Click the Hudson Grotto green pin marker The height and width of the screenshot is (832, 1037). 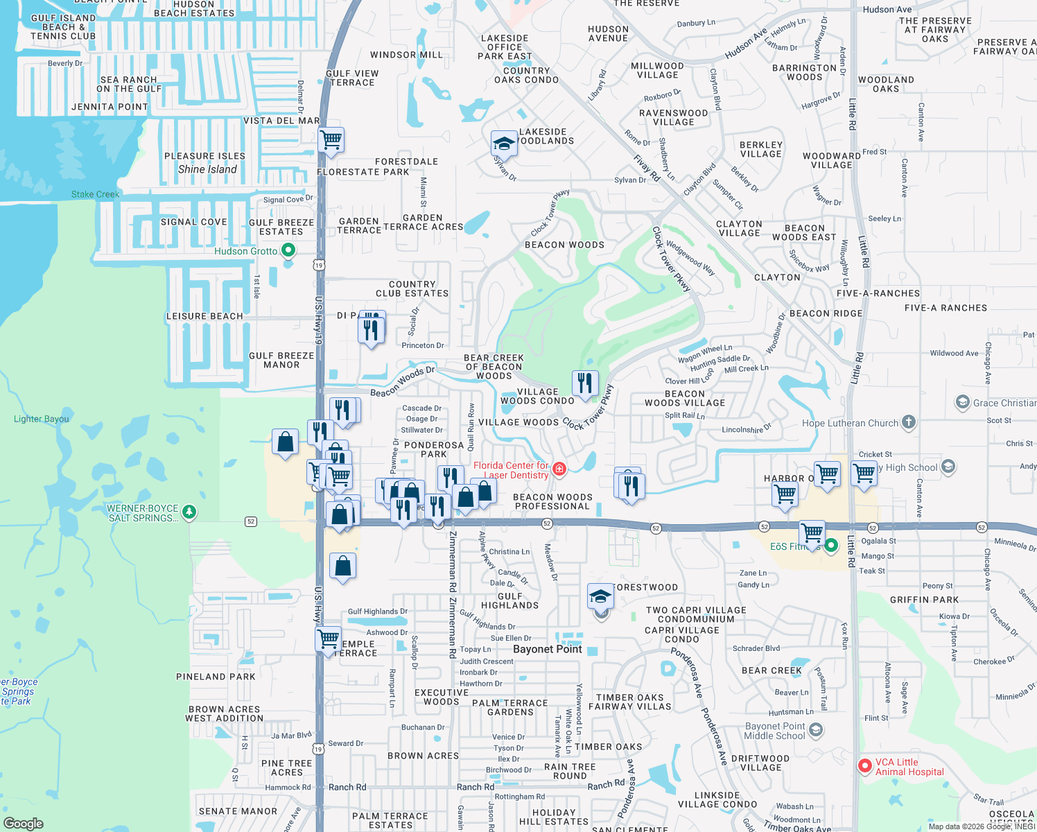point(289,250)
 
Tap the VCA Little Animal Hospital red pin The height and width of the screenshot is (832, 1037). point(864,766)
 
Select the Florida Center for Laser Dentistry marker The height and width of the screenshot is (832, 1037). point(559,469)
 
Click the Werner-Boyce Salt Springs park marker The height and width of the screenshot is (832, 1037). point(189,512)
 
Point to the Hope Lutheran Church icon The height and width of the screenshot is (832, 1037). point(909,422)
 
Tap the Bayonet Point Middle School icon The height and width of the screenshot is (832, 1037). point(816,729)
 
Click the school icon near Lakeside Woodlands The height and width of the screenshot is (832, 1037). point(504,144)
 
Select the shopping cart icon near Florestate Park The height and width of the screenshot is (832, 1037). point(331,139)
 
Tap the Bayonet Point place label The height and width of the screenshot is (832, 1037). point(547,649)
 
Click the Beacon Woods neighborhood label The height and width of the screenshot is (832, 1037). point(564,245)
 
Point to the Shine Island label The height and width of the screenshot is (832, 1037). point(207,169)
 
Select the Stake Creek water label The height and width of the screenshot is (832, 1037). point(96,194)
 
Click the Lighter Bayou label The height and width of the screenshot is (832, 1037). point(42,419)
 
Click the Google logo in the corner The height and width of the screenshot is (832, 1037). point(23,823)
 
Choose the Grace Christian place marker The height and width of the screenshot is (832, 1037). point(962,402)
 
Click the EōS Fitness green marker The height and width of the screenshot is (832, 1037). point(831,545)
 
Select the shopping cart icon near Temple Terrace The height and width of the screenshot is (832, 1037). point(329,638)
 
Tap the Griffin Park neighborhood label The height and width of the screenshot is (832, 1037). point(924,600)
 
